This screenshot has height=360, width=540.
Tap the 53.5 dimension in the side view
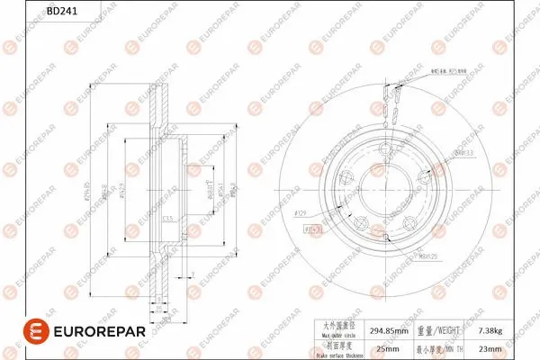coord(167,220)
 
